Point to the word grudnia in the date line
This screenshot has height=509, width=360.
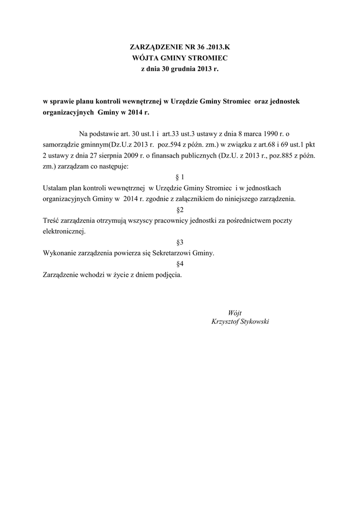tap(184, 70)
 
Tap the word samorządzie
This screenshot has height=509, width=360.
tap(62, 145)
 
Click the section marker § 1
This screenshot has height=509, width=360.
tap(180, 177)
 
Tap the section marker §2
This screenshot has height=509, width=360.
tap(180, 210)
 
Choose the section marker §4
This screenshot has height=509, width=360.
tap(180, 264)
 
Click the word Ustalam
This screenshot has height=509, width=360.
tap(56, 188)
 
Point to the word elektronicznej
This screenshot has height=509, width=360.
tap(64, 232)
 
